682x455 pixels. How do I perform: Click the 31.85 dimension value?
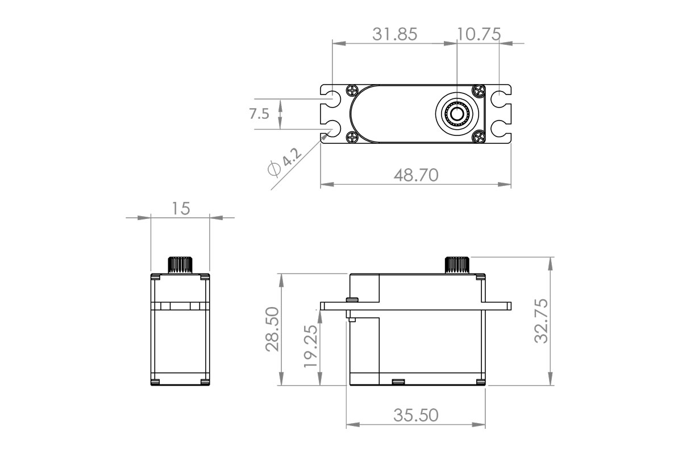(394, 34)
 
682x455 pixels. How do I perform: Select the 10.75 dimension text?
(479, 34)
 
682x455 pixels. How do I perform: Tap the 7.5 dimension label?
(259, 114)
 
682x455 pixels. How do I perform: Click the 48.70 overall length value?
(416, 175)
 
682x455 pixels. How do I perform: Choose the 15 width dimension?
(180, 209)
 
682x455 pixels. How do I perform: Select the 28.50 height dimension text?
(272, 330)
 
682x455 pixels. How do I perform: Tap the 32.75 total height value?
(542, 321)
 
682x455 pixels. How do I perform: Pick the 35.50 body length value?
(416, 415)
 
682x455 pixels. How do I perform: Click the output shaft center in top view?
(456, 114)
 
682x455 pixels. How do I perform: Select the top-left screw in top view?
(352, 90)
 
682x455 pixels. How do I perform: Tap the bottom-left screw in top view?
(352, 136)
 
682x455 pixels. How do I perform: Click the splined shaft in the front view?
(180, 265)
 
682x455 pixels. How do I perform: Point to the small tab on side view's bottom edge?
(398, 380)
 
